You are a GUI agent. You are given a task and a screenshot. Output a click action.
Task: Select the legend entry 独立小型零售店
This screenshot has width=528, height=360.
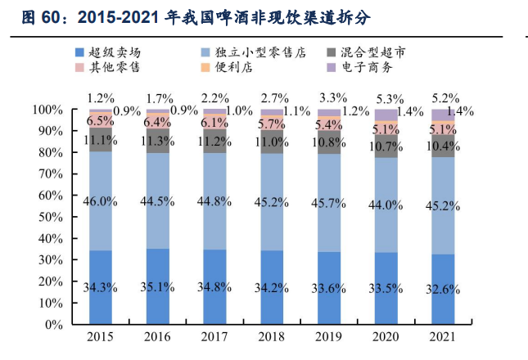266,52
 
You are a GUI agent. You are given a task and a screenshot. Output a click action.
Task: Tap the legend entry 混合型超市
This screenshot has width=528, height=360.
393,52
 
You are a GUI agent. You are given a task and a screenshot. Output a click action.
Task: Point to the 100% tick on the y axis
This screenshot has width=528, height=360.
47,110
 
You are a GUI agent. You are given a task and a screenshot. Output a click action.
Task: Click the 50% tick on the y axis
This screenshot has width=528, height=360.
50,217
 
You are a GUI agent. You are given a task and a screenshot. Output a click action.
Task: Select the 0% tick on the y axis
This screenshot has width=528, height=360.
53,324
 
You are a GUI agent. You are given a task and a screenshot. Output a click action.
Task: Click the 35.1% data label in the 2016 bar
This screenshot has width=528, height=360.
158,286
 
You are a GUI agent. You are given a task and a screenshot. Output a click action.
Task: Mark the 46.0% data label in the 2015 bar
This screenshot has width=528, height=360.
101,199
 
